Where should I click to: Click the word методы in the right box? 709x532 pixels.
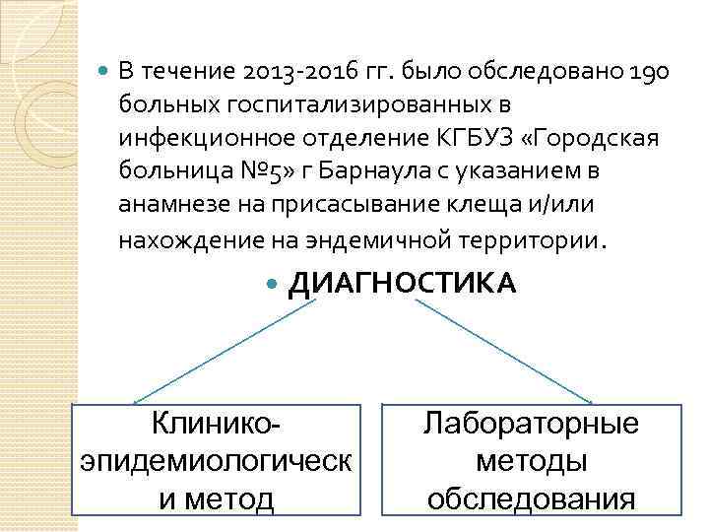click(531, 461)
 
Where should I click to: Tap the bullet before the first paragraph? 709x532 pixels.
click(104, 72)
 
